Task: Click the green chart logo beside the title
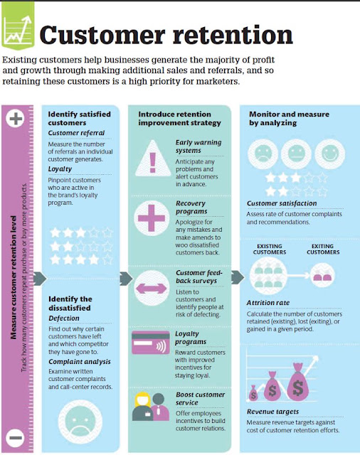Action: coord(18,26)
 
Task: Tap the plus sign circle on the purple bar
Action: coord(16,119)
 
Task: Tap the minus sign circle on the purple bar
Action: coord(15,438)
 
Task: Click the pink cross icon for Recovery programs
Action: coord(152,218)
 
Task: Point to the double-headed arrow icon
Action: coord(152,288)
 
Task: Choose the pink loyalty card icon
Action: coord(150,343)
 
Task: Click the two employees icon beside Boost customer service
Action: coord(151,407)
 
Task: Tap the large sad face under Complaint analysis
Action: coord(80,422)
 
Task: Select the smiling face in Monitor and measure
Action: coord(330,154)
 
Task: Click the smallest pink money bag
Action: coord(253,392)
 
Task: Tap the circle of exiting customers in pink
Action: coord(322,275)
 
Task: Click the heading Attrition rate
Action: coord(268,303)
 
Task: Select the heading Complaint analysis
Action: coord(80,362)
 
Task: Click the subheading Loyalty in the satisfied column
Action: coord(60,169)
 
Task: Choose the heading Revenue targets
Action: coord(273,412)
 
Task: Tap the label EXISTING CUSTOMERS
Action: coord(270,250)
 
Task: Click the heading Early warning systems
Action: coord(198,146)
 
